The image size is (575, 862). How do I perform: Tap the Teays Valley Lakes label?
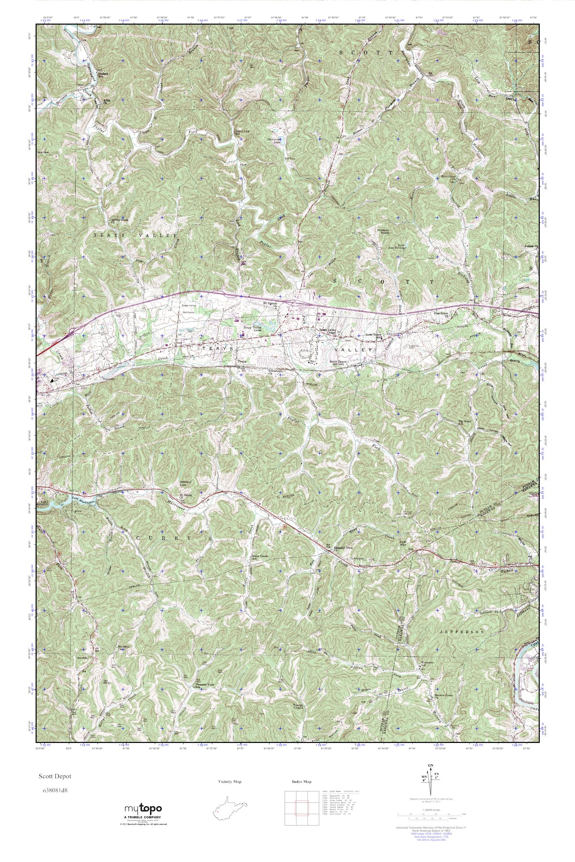(251, 329)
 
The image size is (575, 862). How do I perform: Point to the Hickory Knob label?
(382, 231)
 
